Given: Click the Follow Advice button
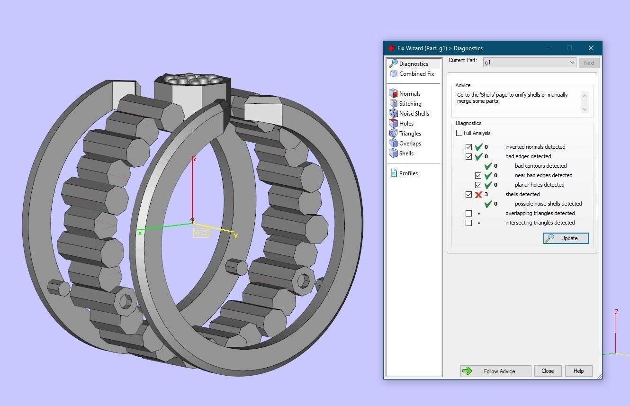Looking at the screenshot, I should click(x=495, y=371).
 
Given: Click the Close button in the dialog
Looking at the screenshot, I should click(x=548, y=371).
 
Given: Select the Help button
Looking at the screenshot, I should click(x=578, y=371).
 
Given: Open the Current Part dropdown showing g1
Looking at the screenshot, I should click(x=529, y=63).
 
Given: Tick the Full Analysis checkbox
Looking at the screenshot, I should click(x=459, y=133).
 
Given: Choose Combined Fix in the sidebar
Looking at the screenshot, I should click(x=416, y=74).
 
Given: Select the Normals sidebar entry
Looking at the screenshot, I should click(x=409, y=94).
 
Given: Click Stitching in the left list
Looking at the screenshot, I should click(x=410, y=104).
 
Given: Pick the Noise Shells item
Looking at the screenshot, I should click(x=414, y=114).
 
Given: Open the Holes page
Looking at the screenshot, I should click(x=406, y=124).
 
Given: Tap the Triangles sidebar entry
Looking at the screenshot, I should click(x=410, y=134).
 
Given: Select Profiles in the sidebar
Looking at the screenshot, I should click(x=408, y=173).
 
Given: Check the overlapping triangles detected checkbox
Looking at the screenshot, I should click(x=468, y=213).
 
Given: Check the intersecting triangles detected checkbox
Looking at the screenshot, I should click(x=468, y=223).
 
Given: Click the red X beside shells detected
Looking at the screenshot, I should click(x=478, y=194).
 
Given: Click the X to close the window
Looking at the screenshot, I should click(x=591, y=48).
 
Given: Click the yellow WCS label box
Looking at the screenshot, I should click(x=201, y=233).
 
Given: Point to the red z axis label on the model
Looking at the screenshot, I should click(x=194, y=159).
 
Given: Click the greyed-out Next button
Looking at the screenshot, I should click(x=589, y=63).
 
